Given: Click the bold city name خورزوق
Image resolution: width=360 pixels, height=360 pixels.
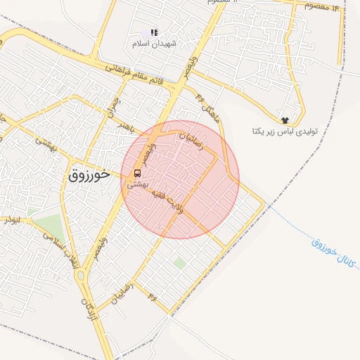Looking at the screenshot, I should [91, 175].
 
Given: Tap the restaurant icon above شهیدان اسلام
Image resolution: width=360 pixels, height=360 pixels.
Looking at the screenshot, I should [154, 32].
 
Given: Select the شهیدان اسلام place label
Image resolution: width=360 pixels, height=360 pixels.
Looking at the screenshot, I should [153, 44].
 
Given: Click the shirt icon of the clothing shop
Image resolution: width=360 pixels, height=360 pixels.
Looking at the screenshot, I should [285, 120].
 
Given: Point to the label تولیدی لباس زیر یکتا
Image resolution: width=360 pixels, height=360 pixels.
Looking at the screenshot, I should [280, 131].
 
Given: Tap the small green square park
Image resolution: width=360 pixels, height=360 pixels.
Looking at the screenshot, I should [180, 263].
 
